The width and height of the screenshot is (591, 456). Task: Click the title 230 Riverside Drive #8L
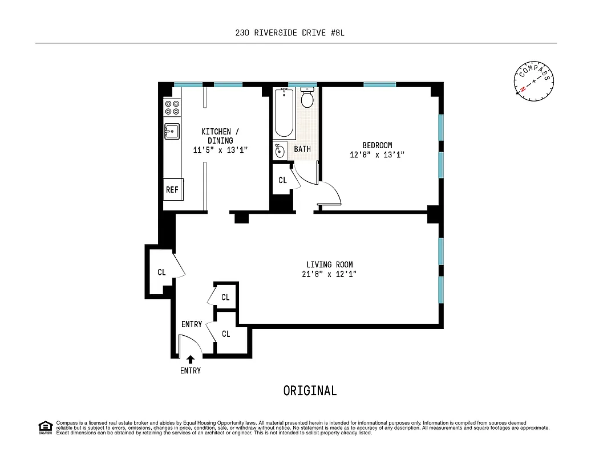click(290, 32)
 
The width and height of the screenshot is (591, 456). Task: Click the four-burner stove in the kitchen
click(172, 108)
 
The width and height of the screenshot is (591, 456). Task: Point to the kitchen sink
click(172, 131)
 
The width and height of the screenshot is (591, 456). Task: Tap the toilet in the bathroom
click(307, 98)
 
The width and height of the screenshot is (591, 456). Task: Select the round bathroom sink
click(280, 151)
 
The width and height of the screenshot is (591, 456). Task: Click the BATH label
click(302, 149)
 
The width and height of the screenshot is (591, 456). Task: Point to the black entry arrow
click(191, 359)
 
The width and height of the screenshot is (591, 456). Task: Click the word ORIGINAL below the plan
click(310, 390)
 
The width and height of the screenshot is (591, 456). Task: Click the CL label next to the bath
click(282, 180)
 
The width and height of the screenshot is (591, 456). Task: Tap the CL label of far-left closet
click(161, 272)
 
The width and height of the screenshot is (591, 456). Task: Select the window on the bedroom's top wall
click(379, 84)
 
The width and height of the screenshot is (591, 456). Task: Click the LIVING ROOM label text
click(329, 264)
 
